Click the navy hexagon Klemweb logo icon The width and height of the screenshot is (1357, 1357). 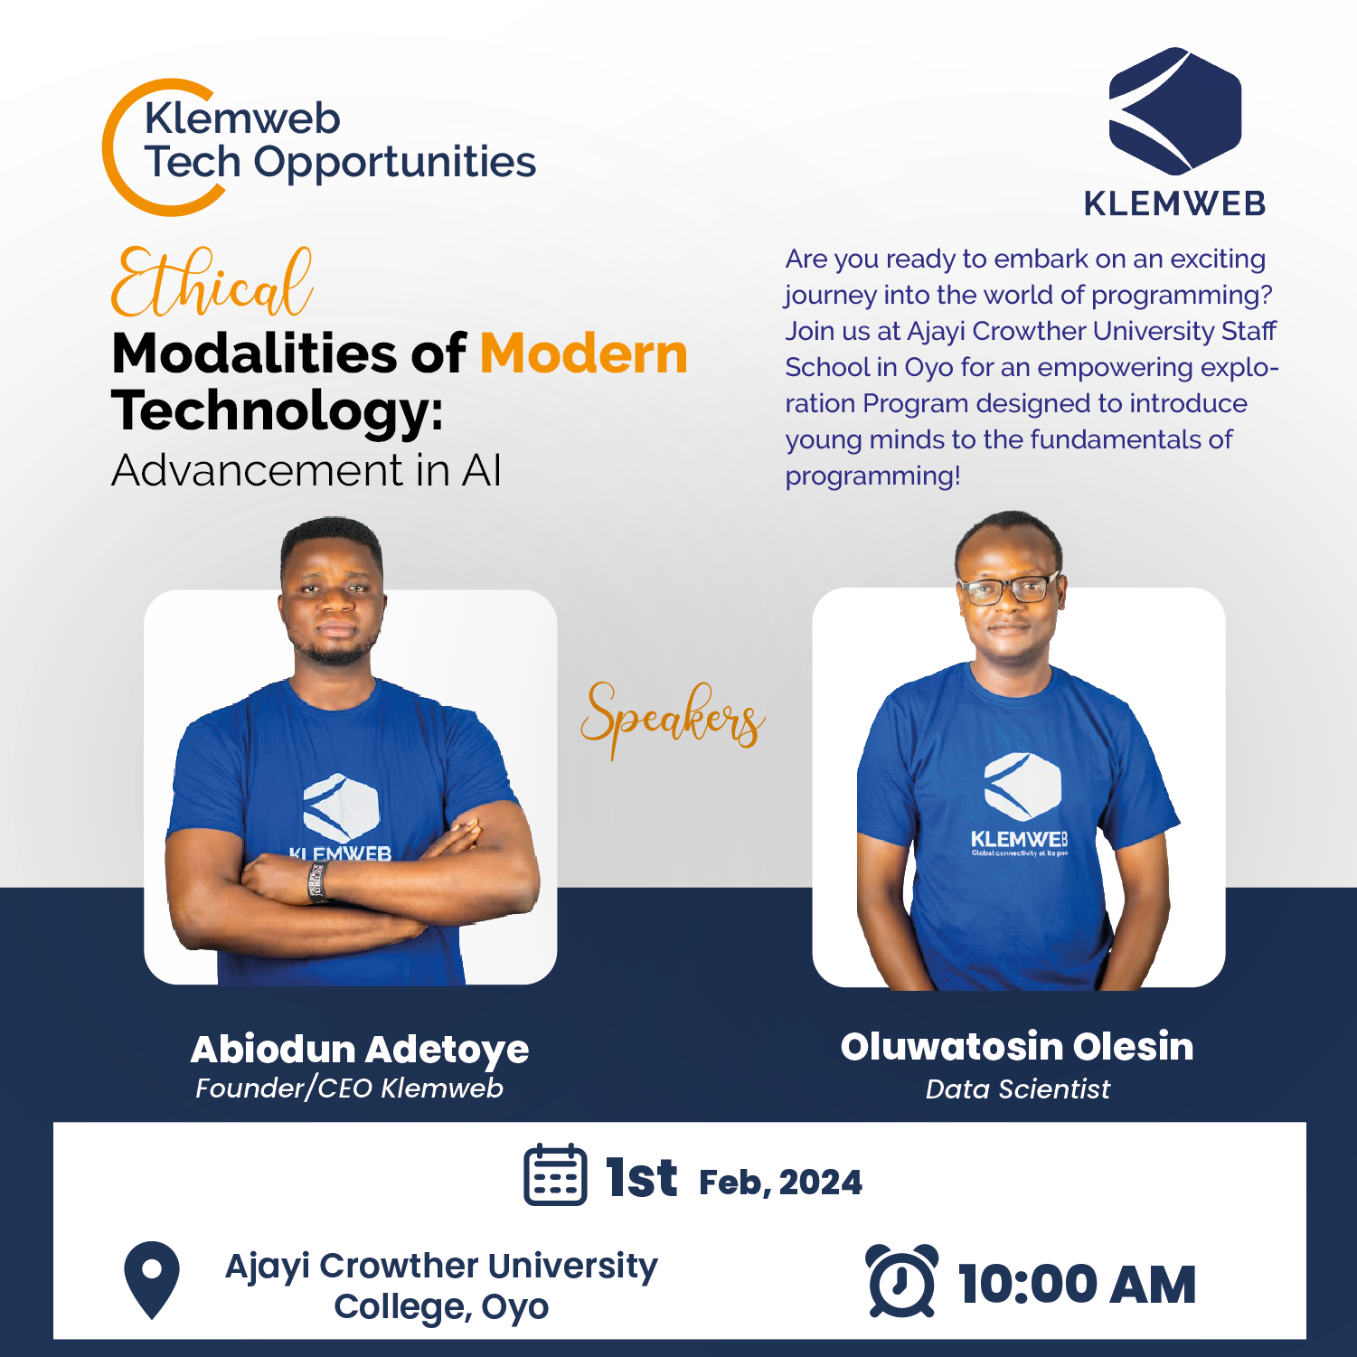1174,111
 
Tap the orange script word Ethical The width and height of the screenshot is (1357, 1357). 212,282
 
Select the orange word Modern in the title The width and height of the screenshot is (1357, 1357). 584,353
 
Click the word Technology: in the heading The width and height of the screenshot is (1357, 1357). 278,412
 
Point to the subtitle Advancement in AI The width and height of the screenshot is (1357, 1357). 306,470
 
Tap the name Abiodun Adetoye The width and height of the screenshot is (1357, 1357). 360,1050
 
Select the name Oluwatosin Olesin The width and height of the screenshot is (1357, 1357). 1017,1046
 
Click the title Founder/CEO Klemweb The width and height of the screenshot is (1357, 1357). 349,1088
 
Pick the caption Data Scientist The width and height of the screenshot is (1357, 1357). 1017,1088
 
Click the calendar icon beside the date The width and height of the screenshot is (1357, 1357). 555,1174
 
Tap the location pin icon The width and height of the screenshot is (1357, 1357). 152,1279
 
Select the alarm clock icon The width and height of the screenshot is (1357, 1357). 901,1281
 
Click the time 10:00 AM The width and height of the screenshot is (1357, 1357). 1077,1285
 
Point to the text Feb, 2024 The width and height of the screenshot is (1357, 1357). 780,1183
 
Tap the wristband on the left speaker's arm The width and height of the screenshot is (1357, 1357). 316,881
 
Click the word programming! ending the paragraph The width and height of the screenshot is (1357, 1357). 872,476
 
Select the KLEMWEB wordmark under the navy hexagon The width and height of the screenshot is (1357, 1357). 1174,204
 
